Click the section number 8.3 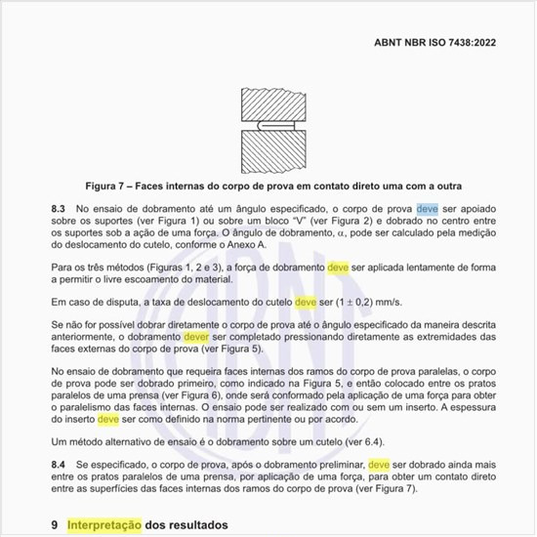[x=58, y=208]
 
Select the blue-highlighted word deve [x=427, y=208]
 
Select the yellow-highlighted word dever [x=200, y=336]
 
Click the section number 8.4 [x=58, y=464]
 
